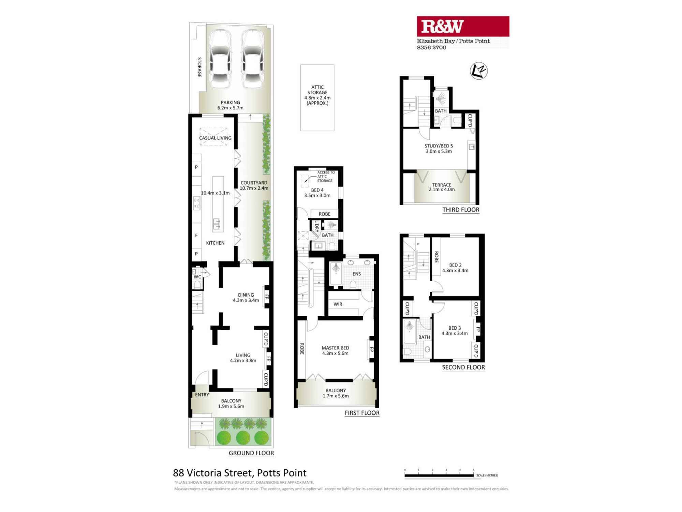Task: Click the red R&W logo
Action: coord(463,26)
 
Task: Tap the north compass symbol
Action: coord(478,71)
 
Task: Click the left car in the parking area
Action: coord(220,59)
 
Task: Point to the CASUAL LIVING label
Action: coord(215,138)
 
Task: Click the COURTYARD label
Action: coord(254,183)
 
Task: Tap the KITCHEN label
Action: coord(215,243)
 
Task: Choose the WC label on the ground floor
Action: coord(197,277)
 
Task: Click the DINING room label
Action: coord(246,295)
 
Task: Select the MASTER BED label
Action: coord(335,348)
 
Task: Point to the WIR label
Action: coord(338,304)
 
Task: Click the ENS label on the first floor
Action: coord(356,274)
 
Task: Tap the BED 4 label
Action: coord(317,190)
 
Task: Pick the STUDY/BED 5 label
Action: coord(439,146)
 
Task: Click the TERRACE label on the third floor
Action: coord(442,185)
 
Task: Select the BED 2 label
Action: coord(455,265)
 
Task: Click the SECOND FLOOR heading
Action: coord(463,367)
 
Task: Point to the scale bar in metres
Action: coord(439,475)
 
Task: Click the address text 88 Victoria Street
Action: coord(239,473)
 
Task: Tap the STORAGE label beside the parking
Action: coord(199,67)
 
